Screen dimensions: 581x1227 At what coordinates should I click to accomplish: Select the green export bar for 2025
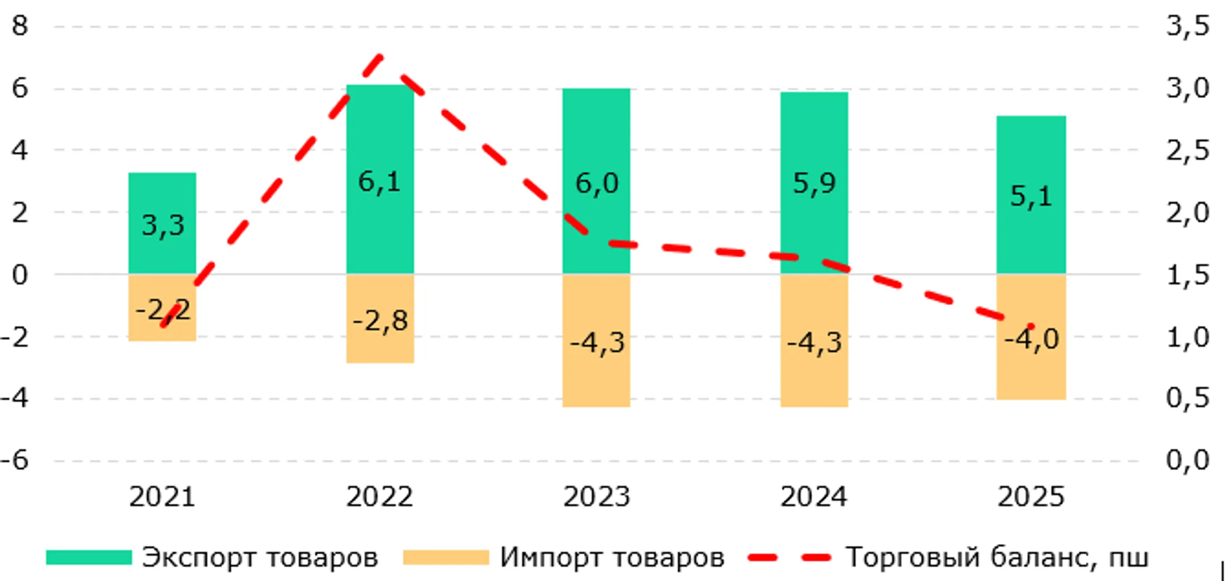coord(1031,153)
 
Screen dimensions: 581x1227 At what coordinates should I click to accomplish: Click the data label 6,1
coord(379,182)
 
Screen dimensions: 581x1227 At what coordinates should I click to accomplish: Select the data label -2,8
coord(380,321)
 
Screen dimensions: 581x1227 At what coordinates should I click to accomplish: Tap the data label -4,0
coord(1031,339)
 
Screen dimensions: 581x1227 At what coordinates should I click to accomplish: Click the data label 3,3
coord(162,226)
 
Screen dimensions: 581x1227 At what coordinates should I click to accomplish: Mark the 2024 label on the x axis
coord(813,497)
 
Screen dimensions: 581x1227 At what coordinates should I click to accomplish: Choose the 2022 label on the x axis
coord(379,497)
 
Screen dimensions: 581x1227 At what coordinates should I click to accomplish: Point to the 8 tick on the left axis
coord(20,26)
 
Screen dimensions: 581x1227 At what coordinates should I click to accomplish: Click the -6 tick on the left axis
coord(15,460)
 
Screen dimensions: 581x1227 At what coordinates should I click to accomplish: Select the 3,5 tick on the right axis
coord(1188,26)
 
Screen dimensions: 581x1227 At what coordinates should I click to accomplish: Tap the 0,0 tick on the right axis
coord(1188,460)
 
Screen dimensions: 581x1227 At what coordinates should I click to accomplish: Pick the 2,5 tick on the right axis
coord(1188,151)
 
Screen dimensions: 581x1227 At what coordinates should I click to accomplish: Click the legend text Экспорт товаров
coord(260,557)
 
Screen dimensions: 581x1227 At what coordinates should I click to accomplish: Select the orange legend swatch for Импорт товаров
coord(446,557)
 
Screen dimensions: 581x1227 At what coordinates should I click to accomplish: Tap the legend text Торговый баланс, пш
coord(997,557)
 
